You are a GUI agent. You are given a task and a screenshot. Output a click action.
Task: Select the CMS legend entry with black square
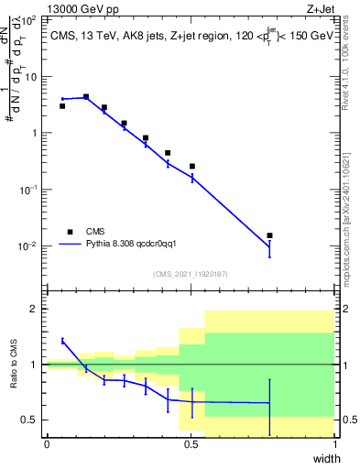tap(70, 232)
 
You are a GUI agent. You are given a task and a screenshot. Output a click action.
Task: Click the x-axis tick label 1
tap(334, 444)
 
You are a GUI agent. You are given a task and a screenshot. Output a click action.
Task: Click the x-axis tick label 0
tap(47, 444)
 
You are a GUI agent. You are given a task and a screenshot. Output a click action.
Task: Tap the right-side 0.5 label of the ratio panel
tap(348, 420)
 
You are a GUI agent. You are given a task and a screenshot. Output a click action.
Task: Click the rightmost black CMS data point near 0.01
tap(269, 235)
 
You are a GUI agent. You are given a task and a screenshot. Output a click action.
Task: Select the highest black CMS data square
tap(86, 96)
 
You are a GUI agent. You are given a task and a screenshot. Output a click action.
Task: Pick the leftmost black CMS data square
tap(62, 106)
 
